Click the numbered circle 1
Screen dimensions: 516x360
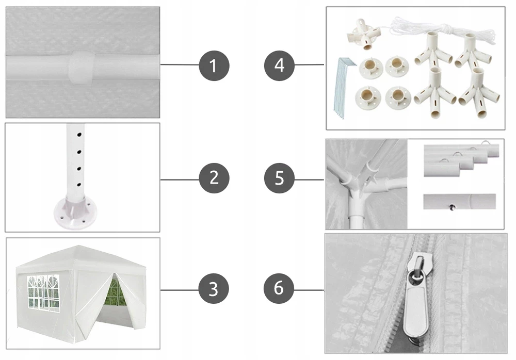pyautogui.click(x=214, y=66)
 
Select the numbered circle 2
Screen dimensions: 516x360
pyautogui.click(x=214, y=178)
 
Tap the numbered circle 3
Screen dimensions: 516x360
pyautogui.click(x=214, y=289)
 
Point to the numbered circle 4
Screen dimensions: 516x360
pyautogui.click(x=279, y=66)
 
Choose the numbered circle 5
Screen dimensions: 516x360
pyautogui.click(x=279, y=178)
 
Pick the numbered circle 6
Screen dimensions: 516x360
pyautogui.click(x=279, y=288)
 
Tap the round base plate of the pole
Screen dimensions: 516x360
pyautogui.click(x=75, y=212)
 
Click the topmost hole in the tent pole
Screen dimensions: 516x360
pyautogui.click(x=79, y=135)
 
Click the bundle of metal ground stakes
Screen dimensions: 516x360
pyautogui.click(x=344, y=87)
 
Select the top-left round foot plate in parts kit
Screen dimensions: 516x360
pyautogui.click(x=371, y=68)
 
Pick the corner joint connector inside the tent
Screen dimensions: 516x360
pyautogui.click(x=358, y=184)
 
